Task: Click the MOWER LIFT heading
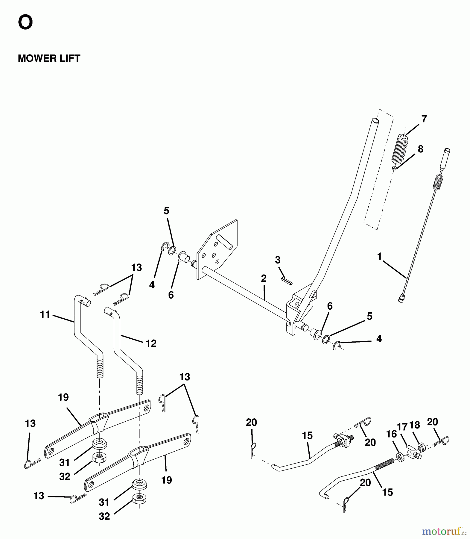pyautogui.click(x=49, y=58)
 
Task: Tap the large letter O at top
pyautogui.click(x=25, y=23)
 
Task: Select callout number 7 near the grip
pyautogui.click(x=424, y=119)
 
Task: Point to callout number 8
pyautogui.click(x=420, y=149)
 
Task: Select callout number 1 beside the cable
pyautogui.click(x=380, y=257)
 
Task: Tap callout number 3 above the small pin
pyautogui.click(x=278, y=260)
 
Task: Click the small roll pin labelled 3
pyautogui.click(x=286, y=281)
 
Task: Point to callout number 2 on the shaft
pyautogui.click(x=263, y=278)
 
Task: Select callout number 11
pyautogui.click(x=45, y=314)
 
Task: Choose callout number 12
pyautogui.click(x=151, y=343)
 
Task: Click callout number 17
pyautogui.click(x=402, y=426)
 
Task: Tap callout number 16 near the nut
pyautogui.click(x=391, y=434)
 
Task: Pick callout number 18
pyautogui.click(x=415, y=425)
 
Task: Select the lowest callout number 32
pyautogui.click(x=104, y=516)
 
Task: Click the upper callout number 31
pyautogui.click(x=64, y=463)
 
